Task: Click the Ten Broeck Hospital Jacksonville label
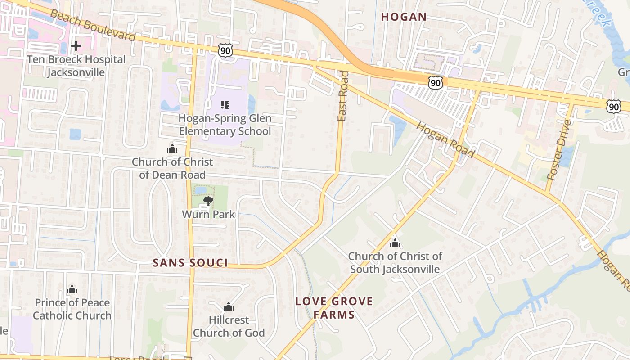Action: (x=76, y=66)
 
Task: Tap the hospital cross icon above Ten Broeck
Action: (x=76, y=45)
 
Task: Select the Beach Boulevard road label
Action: (x=93, y=25)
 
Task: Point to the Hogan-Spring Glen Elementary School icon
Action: (x=225, y=105)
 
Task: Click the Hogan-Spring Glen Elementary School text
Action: (x=225, y=125)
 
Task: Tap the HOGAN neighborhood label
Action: (x=404, y=17)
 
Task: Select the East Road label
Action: (x=342, y=96)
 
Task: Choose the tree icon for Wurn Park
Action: (x=208, y=201)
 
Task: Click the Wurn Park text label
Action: (x=208, y=214)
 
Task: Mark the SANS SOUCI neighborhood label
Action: (x=190, y=263)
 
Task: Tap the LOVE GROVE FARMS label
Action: (x=334, y=308)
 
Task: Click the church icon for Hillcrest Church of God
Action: (x=229, y=307)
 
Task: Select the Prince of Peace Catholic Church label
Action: (x=72, y=309)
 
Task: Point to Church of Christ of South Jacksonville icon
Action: (x=395, y=243)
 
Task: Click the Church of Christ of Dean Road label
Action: (x=172, y=168)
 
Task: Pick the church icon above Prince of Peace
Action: (x=72, y=289)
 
